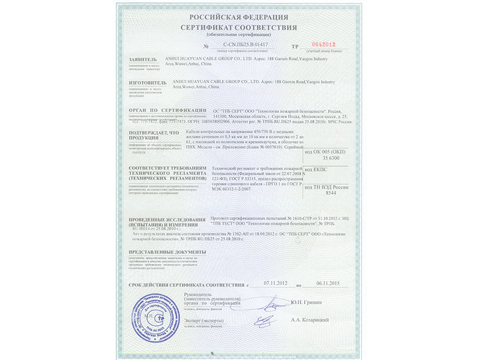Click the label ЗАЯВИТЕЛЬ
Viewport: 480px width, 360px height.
(142, 61)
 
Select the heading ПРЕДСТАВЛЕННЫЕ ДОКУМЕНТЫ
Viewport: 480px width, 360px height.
(164, 252)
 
